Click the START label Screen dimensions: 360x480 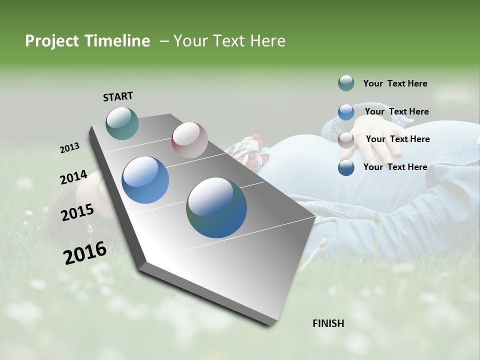[x=118, y=96]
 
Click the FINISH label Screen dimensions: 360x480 [x=328, y=323]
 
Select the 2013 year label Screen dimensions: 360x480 [x=69, y=148]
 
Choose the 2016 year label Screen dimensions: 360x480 [x=85, y=253]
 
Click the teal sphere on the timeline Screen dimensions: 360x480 [x=122, y=123]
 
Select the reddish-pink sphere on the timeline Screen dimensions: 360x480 [x=189, y=140]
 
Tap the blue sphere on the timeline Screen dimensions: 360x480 [x=145, y=180]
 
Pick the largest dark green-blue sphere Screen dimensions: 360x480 [x=216, y=207]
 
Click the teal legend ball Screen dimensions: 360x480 [x=346, y=83]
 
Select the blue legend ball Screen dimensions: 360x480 [x=346, y=111]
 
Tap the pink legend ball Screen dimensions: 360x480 [x=346, y=139]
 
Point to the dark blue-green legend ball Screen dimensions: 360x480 [x=346, y=167]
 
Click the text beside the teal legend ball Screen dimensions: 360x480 [x=395, y=83]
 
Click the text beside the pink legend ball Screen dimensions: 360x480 [x=397, y=139]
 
